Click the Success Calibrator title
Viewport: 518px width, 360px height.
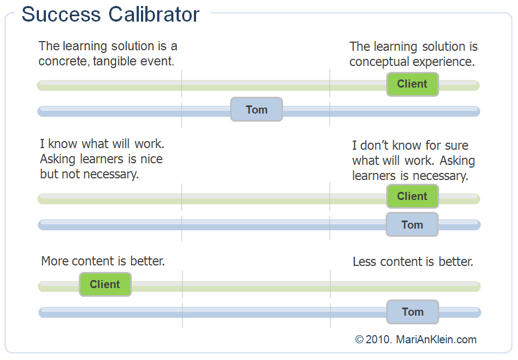(x=110, y=15)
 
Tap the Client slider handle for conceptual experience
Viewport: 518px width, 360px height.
(x=412, y=84)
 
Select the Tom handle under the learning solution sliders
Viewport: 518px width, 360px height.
(x=257, y=110)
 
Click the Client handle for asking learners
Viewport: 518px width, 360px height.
(x=412, y=196)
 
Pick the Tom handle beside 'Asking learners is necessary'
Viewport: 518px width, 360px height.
(x=412, y=225)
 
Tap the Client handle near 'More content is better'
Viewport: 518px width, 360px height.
(x=105, y=284)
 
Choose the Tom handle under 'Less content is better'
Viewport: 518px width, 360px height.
(x=413, y=312)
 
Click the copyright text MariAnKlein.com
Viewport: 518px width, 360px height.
(x=436, y=339)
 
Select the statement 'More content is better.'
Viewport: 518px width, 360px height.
(x=103, y=262)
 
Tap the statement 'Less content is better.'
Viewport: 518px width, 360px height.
(x=413, y=262)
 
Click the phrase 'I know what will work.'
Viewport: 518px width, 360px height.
(x=102, y=144)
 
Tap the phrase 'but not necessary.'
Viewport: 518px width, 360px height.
(x=90, y=175)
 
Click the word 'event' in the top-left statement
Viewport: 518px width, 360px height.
(x=160, y=62)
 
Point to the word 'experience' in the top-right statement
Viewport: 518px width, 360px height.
(x=443, y=62)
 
